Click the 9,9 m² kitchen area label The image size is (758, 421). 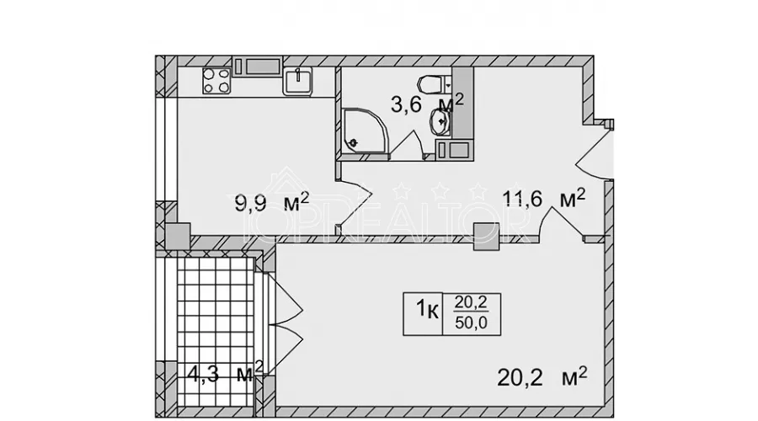[x=272, y=202]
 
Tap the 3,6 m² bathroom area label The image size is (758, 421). [x=427, y=103]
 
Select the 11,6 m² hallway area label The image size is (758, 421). [x=544, y=198]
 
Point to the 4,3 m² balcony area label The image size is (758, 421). [x=225, y=372]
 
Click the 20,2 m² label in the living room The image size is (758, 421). [x=542, y=376]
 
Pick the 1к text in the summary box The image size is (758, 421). [x=427, y=308]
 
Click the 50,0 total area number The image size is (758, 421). [x=472, y=322]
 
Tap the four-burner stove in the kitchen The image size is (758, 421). [x=216, y=80]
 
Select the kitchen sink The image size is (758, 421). [x=298, y=81]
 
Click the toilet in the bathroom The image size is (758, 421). [x=433, y=84]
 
